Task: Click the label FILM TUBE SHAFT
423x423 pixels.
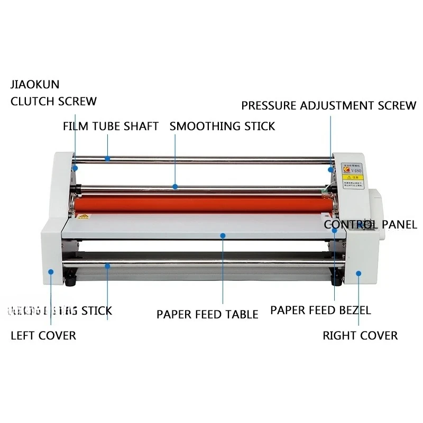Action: point(111,126)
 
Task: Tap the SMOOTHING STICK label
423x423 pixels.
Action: point(222,126)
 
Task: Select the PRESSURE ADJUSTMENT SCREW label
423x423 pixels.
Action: point(328,105)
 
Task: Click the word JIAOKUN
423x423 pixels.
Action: point(35,85)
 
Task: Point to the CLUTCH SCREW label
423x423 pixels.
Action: point(53,101)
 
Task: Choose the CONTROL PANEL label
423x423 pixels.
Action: point(370,225)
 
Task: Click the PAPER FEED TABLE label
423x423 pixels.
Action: point(207,315)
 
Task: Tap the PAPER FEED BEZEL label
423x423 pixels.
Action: point(320,310)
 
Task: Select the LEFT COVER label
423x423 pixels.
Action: point(43,335)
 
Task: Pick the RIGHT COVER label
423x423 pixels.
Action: point(360,335)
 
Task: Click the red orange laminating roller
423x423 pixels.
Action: point(201,204)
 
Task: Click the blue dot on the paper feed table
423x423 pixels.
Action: point(223,236)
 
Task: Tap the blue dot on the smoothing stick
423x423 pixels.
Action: point(175,186)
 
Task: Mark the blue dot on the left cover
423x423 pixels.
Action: point(51,271)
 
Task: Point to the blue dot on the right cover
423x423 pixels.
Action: point(358,273)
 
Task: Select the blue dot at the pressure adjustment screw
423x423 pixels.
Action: point(330,169)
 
